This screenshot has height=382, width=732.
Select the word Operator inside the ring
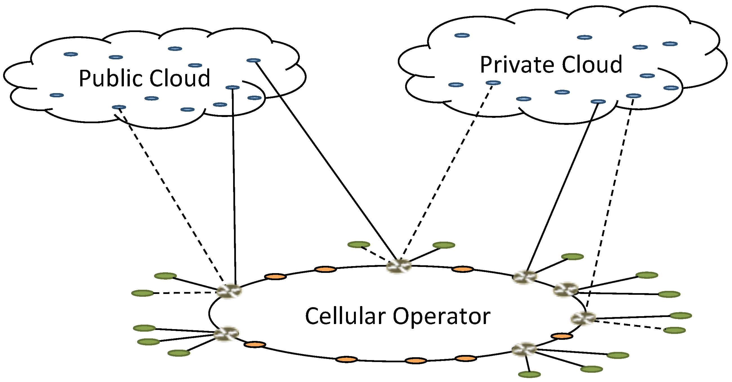click(441, 316)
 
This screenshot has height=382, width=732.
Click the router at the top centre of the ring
click(399, 266)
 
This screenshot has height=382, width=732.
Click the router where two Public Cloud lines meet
click(229, 291)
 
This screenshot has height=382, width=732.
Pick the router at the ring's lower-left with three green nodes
click(226, 334)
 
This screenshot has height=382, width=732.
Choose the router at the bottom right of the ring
click(524, 349)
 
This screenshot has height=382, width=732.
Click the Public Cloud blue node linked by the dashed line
click(119, 107)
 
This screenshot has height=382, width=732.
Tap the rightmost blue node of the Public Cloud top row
click(253, 60)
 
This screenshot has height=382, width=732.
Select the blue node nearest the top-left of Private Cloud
click(462, 35)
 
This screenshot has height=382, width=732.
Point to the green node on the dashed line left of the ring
click(143, 293)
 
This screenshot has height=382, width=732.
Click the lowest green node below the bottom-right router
click(529, 375)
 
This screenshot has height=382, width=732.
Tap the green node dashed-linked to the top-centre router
click(359, 244)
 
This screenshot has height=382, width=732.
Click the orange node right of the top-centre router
click(462, 269)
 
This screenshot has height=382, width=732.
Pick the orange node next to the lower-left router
click(255, 345)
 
